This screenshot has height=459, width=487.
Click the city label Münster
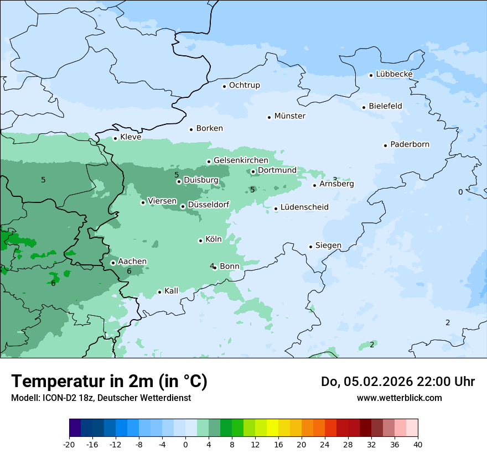(x=289, y=116)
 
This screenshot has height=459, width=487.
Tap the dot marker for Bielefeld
(x=364, y=107)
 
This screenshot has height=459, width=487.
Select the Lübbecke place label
(x=394, y=74)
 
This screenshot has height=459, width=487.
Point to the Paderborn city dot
(x=385, y=145)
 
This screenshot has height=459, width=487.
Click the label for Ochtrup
(x=244, y=85)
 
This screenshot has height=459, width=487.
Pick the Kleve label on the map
(x=131, y=137)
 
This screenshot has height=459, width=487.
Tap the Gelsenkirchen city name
(x=241, y=160)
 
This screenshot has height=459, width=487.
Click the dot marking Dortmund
(x=253, y=171)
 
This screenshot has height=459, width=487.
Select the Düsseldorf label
(x=209, y=205)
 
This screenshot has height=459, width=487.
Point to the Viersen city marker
(x=143, y=202)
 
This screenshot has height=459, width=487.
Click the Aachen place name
(x=132, y=262)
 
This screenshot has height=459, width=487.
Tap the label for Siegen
(x=328, y=246)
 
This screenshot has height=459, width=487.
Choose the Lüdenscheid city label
(x=304, y=207)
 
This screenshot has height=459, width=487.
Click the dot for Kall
(x=159, y=292)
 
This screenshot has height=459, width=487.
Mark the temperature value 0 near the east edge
(x=460, y=192)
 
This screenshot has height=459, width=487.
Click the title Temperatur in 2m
(x=109, y=382)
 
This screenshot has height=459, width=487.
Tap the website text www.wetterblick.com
(x=399, y=398)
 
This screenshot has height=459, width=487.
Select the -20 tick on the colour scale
(x=69, y=444)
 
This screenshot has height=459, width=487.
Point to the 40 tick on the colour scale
(x=418, y=444)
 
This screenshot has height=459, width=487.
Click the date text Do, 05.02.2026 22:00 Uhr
(x=397, y=382)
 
